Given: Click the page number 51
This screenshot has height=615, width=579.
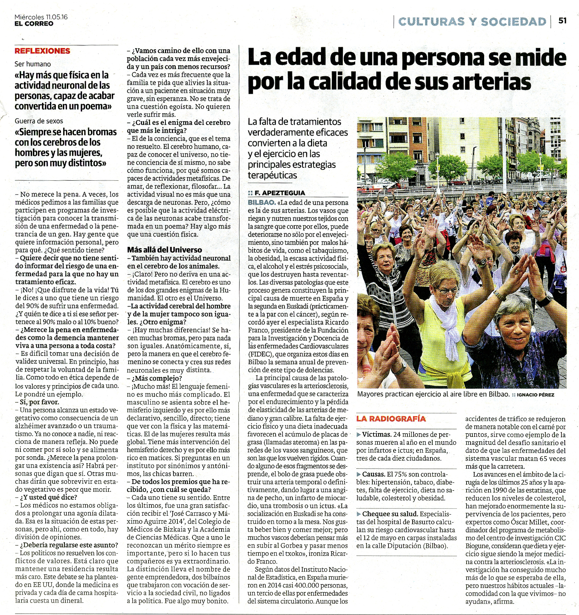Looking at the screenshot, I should coord(563,20).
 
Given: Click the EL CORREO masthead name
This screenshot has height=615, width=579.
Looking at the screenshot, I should coord(34,24).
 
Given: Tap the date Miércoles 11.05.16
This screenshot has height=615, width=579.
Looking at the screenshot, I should coord(41,17).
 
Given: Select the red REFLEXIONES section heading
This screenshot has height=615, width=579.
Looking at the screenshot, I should coord(42,51).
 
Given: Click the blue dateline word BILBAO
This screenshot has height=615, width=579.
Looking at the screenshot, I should coord(261,202).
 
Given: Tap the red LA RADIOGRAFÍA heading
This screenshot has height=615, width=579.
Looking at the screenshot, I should coord(391,419).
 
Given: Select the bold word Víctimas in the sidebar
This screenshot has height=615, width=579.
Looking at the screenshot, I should coord(377,434).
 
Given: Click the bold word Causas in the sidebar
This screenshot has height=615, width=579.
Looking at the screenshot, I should coord(373,474).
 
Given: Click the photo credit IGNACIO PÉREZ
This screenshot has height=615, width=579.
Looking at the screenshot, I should coord(535,395).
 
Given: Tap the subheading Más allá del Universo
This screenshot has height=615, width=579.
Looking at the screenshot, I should coord(164,250).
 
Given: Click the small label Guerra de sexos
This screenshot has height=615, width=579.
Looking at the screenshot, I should coord(39,121).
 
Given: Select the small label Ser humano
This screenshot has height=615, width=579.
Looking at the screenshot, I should coord(33,64).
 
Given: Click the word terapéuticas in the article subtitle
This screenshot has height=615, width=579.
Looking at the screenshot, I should coord(272,175).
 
